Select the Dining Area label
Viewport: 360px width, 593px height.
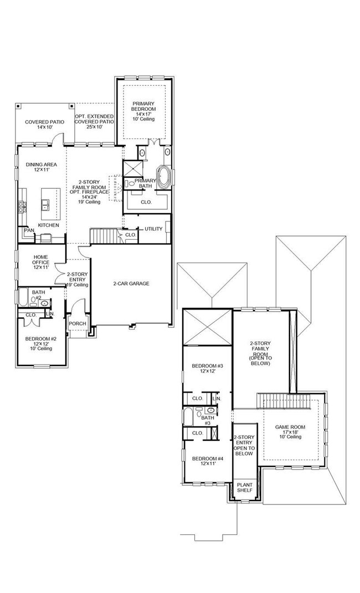point(38,168)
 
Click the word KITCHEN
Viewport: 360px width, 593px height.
point(49,225)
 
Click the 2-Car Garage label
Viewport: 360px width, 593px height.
point(132,284)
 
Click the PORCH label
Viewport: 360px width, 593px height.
point(77,323)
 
